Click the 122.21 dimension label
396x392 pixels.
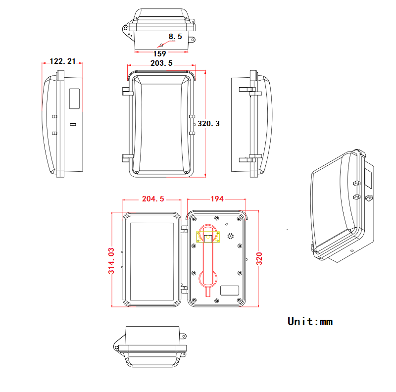pos(63,61)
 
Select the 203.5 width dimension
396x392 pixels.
pos(161,63)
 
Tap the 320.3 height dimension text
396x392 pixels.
pos(208,123)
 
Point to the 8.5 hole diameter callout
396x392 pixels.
pos(175,36)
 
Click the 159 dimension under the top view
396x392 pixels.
pos(159,53)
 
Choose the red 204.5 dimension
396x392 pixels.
pos(152,199)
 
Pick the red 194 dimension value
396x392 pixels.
pos(217,199)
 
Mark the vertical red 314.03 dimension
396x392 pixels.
pos(111,260)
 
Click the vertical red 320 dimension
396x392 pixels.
pos(259,258)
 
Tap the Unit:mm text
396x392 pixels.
pos(310,322)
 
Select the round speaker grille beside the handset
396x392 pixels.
pos(230,236)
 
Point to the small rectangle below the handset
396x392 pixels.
pos(229,290)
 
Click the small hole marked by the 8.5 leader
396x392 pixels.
pos(160,46)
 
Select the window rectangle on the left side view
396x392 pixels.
pos(74,99)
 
